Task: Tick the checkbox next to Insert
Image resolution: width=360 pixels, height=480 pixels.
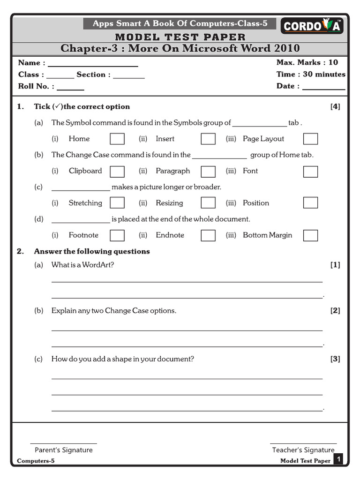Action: [x=208, y=139]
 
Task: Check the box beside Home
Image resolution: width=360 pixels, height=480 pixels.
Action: [x=117, y=139]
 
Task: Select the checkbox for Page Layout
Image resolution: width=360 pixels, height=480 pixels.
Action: [x=310, y=139]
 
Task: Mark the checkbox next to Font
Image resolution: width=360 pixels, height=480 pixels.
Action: [x=310, y=172]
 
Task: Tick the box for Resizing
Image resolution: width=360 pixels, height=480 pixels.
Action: [x=208, y=202]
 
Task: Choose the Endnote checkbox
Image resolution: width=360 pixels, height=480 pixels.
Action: [x=208, y=235]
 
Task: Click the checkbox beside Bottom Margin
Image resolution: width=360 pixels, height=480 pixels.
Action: [x=310, y=235]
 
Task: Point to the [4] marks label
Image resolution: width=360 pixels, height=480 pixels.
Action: [x=335, y=106]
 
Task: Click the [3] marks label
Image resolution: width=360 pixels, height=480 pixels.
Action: [x=335, y=359]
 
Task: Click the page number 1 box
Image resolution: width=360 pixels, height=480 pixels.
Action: [x=338, y=459]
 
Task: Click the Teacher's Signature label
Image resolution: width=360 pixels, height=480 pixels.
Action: [x=303, y=450]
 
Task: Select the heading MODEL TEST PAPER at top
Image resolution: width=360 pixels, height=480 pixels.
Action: [x=180, y=37]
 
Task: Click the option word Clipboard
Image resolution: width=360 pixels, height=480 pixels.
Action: [x=85, y=171]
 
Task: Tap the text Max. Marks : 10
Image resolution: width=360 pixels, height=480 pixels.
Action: [x=307, y=62]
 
